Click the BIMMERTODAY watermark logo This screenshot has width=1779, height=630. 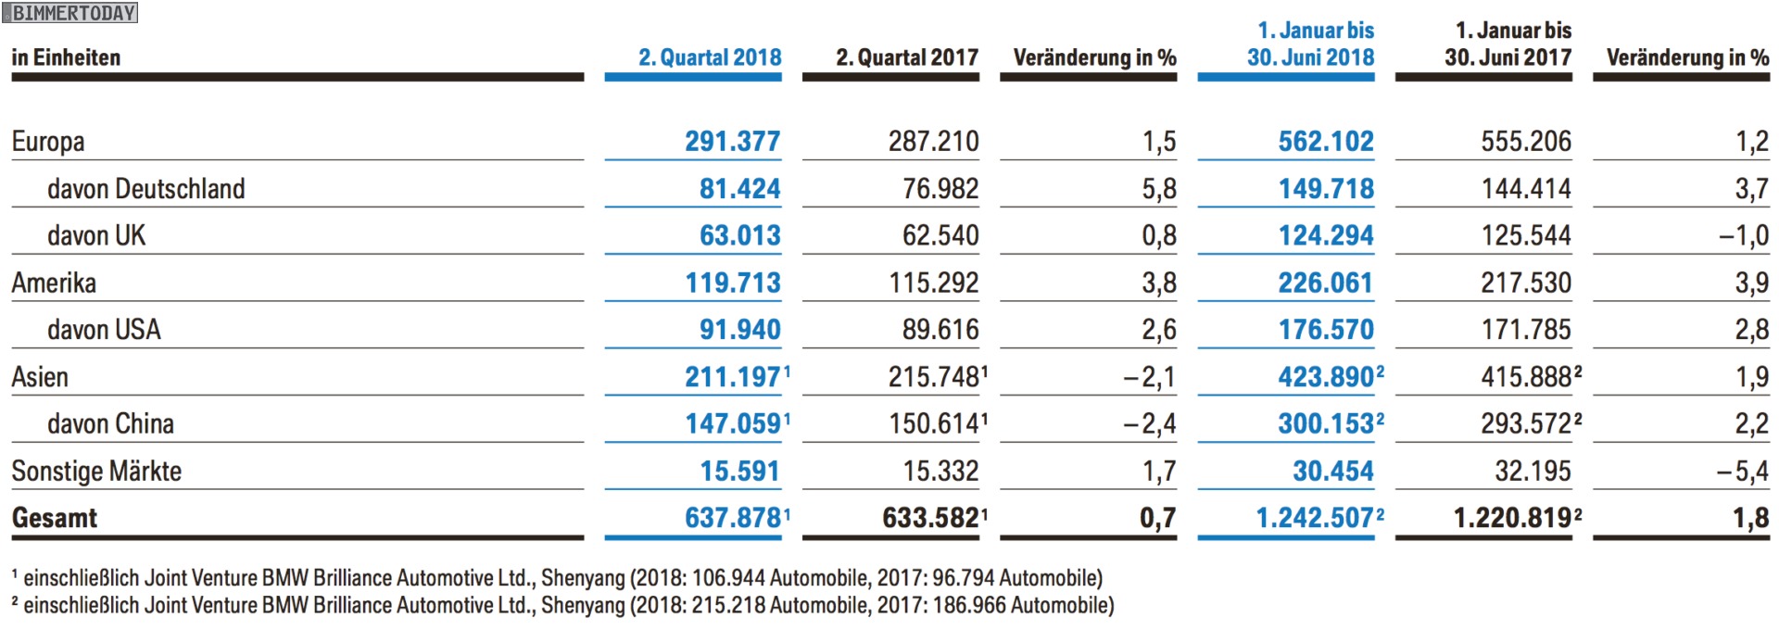point(70,13)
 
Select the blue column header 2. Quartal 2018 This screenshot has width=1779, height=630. point(710,57)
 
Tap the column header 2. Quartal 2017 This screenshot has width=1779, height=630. point(907,57)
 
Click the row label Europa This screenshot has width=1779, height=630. point(48,142)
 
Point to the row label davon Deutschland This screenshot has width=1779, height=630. point(145,189)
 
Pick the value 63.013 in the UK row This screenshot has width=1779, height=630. point(739,235)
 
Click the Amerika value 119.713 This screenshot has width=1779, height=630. point(732,283)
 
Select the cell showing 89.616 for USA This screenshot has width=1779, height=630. point(940,330)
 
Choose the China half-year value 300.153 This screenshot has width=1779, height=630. point(1325,423)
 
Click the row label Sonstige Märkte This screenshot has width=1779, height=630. point(96,471)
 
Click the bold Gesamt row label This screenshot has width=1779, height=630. point(54,518)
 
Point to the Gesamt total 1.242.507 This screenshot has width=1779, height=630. point(1314,518)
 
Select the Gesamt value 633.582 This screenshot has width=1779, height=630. point(930,518)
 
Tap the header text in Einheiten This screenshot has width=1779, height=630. point(66,57)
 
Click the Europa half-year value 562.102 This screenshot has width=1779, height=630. point(1325,142)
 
